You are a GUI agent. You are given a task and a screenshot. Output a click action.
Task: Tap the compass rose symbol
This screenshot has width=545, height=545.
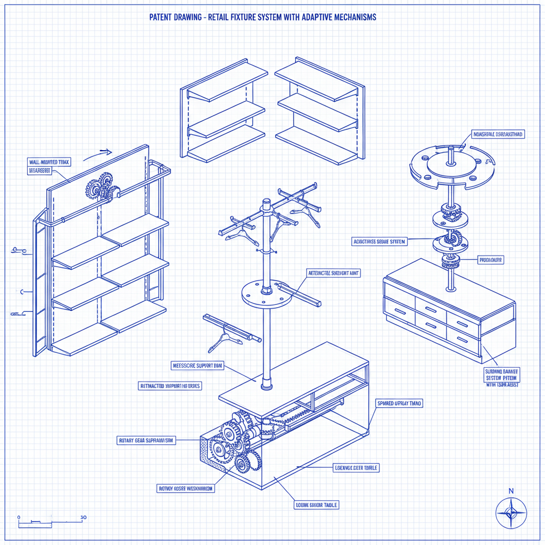[x=511, y=513]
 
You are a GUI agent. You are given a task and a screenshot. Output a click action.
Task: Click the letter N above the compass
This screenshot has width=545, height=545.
[x=511, y=491]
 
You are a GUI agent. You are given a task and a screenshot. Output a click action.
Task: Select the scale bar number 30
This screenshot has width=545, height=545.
[x=84, y=517]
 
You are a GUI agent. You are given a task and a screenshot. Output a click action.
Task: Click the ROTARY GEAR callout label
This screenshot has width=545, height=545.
[x=146, y=440]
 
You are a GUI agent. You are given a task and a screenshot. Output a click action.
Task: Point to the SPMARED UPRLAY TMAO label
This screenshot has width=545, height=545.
[x=399, y=403]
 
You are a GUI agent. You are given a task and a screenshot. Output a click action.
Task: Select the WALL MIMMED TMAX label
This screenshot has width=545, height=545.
[x=48, y=161]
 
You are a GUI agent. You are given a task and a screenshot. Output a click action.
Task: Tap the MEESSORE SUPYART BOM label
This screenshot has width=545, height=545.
[x=197, y=366]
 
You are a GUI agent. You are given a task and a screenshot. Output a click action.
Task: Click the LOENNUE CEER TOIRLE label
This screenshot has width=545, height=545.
[x=356, y=467]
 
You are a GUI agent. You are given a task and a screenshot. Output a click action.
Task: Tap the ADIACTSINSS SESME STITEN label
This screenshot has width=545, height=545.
[x=379, y=241]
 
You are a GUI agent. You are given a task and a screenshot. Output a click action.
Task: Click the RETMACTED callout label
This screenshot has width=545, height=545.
[x=170, y=385]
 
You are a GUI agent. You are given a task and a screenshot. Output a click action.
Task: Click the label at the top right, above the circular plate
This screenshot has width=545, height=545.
[x=498, y=135]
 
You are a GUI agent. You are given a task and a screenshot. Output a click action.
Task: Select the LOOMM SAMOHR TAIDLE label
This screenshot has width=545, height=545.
[x=317, y=505]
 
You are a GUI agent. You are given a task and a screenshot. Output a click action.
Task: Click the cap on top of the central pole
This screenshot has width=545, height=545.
[x=266, y=202]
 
